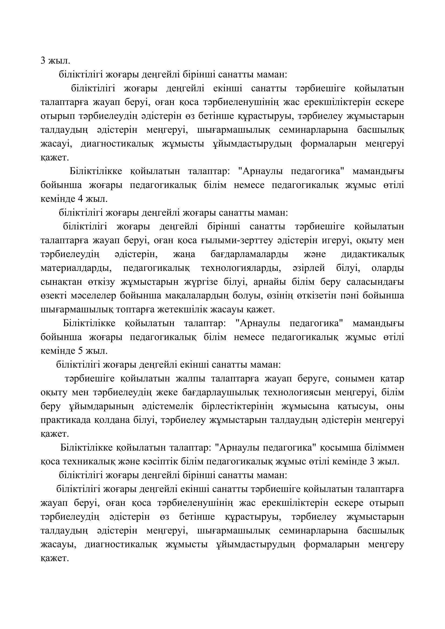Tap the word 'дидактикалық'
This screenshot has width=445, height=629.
(372, 254)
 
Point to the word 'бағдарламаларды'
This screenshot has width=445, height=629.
(249, 254)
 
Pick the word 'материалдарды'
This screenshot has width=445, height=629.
(76, 268)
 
